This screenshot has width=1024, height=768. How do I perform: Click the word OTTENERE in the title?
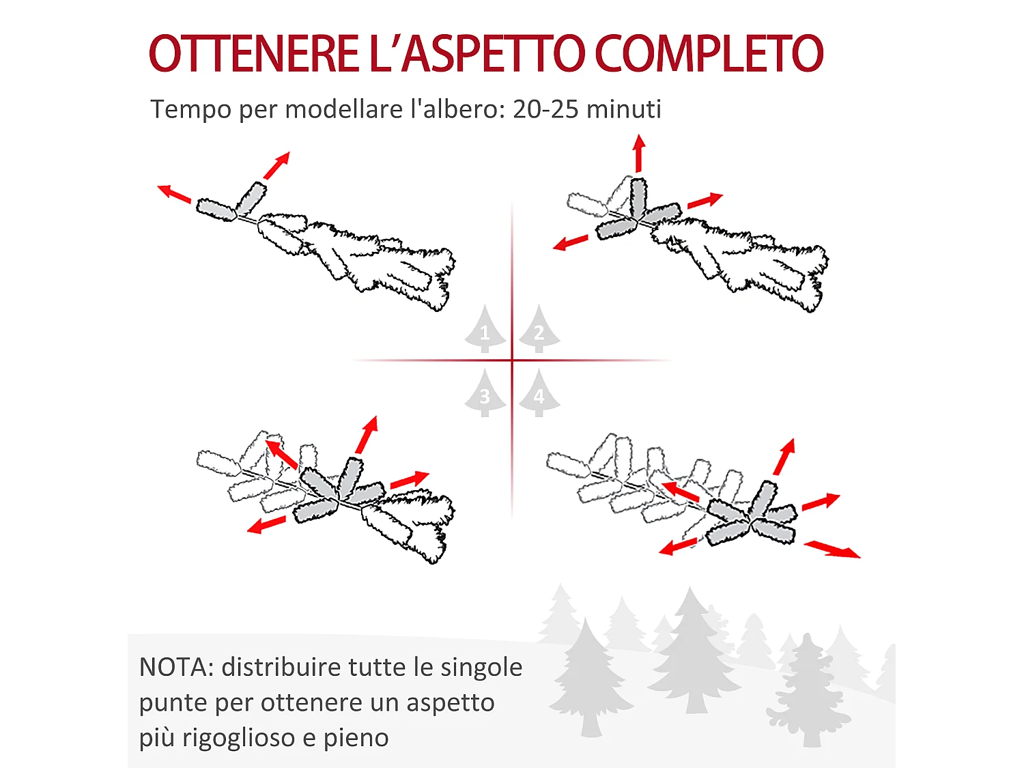coord(253,54)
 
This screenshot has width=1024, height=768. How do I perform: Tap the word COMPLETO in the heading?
coord(709,54)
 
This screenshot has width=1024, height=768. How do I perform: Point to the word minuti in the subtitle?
coord(624,109)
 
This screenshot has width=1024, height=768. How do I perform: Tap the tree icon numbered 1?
coord(485,330)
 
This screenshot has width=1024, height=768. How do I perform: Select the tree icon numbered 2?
coord(539,330)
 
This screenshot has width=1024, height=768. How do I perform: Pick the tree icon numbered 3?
coord(485,394)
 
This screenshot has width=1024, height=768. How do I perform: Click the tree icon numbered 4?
coord(539,394)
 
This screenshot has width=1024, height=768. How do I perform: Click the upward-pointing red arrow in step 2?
coord(639,153)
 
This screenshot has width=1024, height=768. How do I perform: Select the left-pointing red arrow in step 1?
coord(174,193)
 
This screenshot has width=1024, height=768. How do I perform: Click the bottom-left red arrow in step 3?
coord(266,525)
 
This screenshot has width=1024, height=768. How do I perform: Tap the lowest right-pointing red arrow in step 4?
coord(832,550)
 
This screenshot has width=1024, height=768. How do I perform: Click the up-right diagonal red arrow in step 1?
coord(277,165)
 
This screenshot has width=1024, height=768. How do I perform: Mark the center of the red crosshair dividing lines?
coord(512,360)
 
